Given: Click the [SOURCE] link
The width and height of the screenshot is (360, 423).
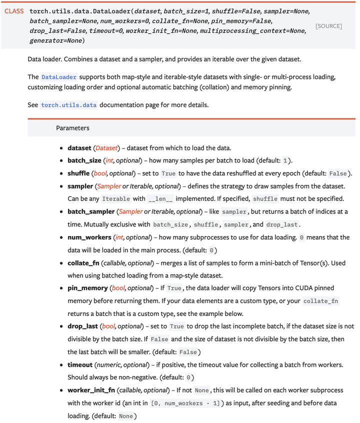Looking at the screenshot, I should (328, 25).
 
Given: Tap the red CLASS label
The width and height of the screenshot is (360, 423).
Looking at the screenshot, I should (14, 11).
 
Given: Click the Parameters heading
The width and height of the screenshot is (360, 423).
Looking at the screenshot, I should (72, 128).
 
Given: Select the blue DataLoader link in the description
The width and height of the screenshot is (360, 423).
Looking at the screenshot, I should (58, 77).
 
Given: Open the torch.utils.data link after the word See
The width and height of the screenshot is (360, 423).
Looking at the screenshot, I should (68, 105).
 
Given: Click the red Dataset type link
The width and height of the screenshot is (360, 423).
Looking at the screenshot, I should (106, 148).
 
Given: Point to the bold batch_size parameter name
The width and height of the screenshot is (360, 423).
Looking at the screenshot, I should (84, 160).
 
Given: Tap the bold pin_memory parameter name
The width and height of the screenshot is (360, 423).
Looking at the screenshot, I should (87, 288).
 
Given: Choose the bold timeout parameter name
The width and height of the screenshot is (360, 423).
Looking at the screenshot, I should (80, 365).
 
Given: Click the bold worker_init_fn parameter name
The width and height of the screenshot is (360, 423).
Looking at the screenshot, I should (91, 390).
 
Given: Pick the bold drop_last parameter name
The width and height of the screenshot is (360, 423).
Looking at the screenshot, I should (83, 326).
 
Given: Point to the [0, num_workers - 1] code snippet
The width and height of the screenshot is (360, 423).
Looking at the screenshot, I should (184, 403).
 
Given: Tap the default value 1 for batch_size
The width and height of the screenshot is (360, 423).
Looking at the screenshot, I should (285, 161).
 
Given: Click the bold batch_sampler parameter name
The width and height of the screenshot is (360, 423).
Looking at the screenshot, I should (91, 211).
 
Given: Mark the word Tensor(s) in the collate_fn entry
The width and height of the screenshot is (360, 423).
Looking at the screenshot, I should (306, 262).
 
